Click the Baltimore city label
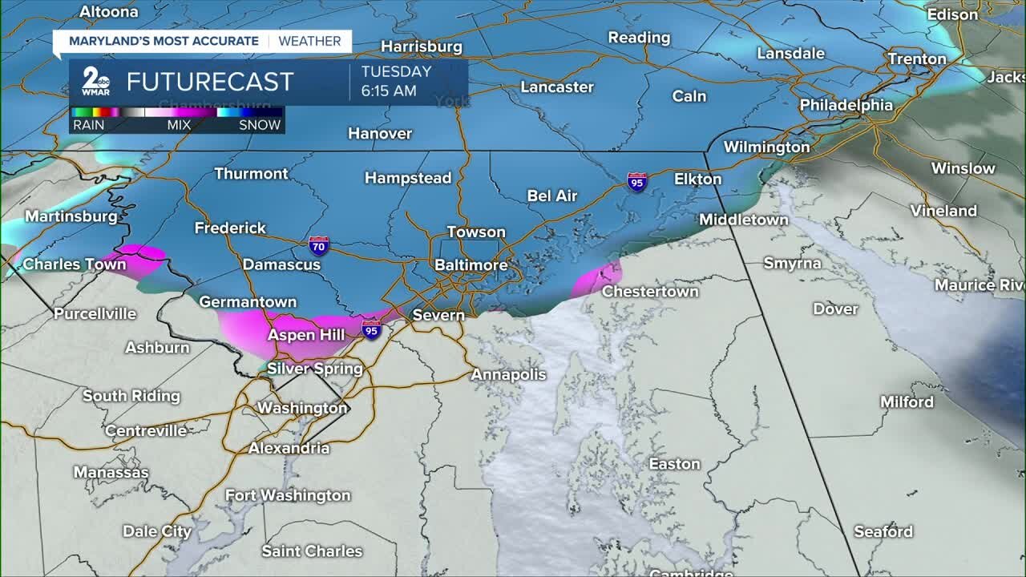point(471,265)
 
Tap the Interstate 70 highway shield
point(318,245)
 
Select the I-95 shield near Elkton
point(637,182)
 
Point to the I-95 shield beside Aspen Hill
point(370,329)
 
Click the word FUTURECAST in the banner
point(210,82)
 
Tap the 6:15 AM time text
point(389,91)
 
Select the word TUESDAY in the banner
point(396,71)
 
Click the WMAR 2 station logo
point(95,82)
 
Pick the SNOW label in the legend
point(260,125)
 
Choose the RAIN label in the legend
point(88,125)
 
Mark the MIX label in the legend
point(178,125)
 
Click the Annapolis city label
point(508,374)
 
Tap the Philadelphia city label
point(846,105)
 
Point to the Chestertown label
point(650,292)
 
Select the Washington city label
point(302,408)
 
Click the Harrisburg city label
point(421,46)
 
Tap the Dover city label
point(835,309)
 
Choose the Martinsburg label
point(71,216)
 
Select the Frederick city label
point(230,228)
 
